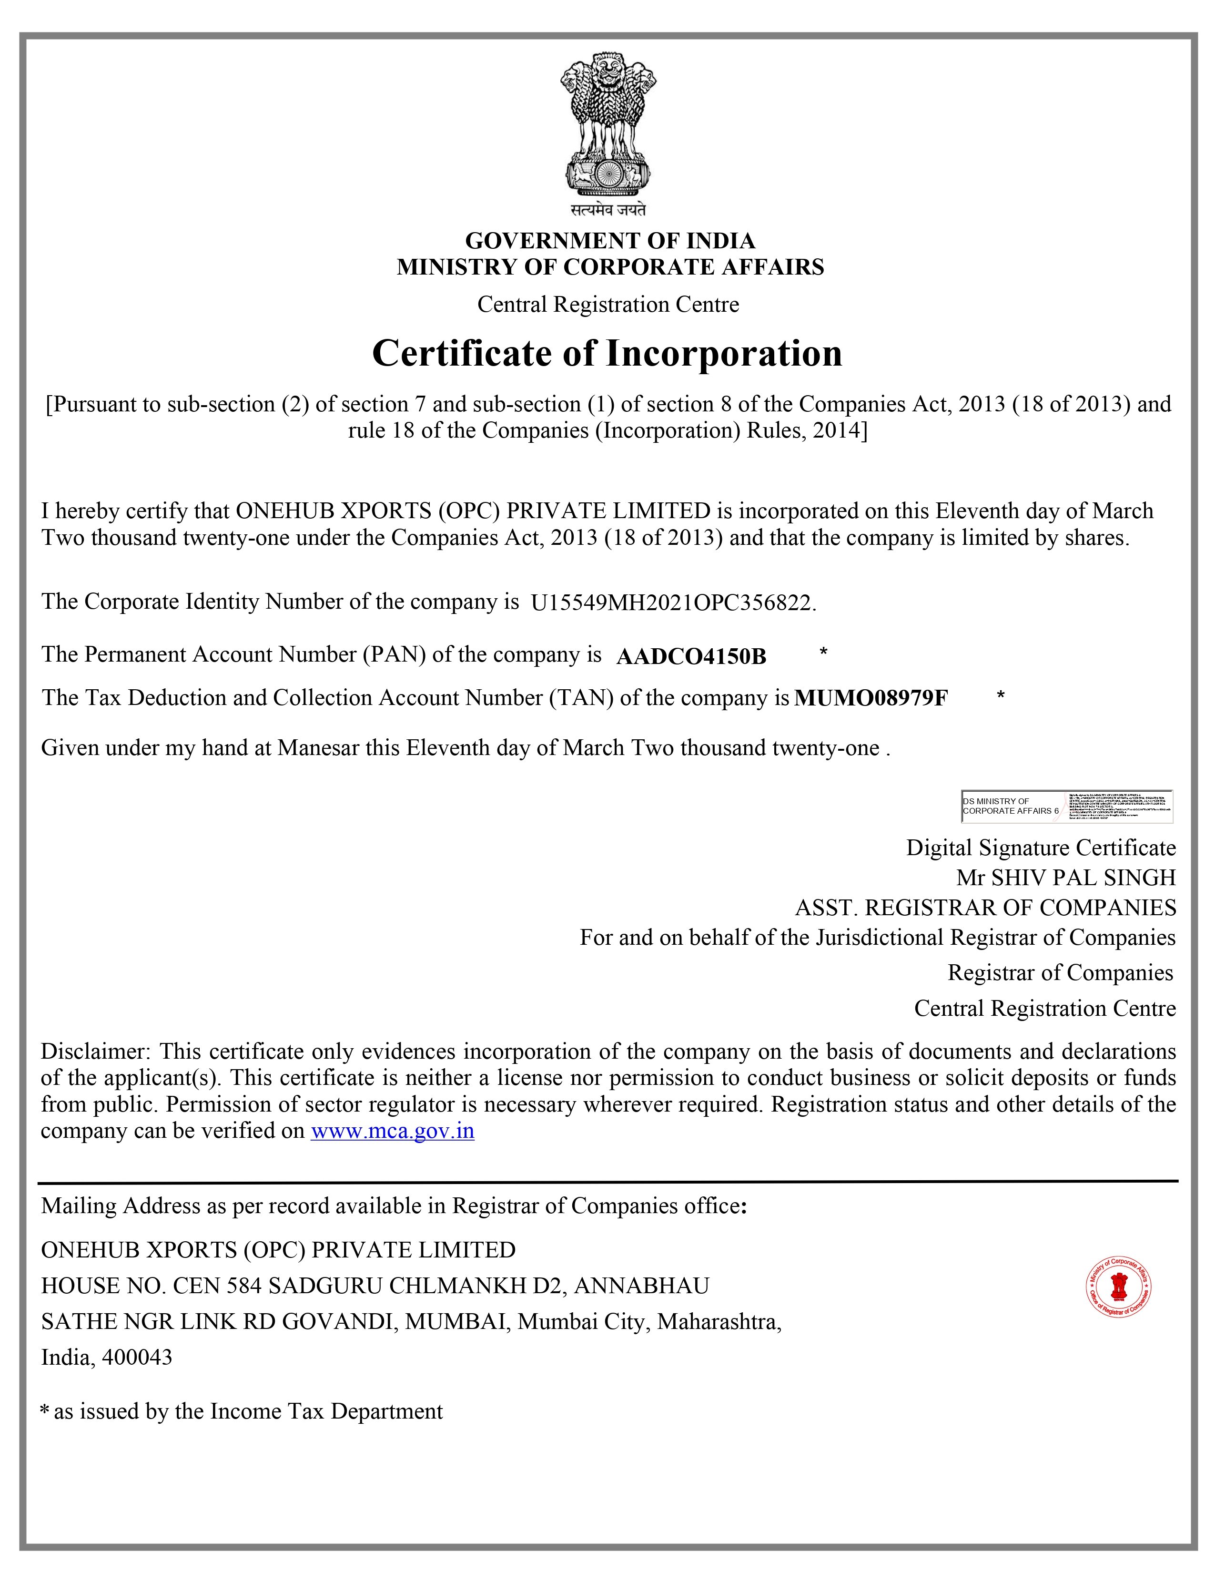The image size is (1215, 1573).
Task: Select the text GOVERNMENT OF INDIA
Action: coord(610,240)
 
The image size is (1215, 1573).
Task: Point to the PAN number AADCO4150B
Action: coord(691,656)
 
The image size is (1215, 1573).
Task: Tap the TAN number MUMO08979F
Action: coord(871,698)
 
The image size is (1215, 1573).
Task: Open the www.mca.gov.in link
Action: coord(392,1131)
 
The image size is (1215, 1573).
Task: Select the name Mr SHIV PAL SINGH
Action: coord(1065,878)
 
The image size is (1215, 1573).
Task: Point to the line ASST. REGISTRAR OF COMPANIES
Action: coord(985,908)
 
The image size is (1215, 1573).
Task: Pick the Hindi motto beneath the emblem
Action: coord(608,210)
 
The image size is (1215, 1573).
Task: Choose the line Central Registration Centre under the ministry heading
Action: coord(608,305)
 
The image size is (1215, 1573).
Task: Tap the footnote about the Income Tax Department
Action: coord(242,1411)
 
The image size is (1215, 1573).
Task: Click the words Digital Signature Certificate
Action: coord(1040,848)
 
